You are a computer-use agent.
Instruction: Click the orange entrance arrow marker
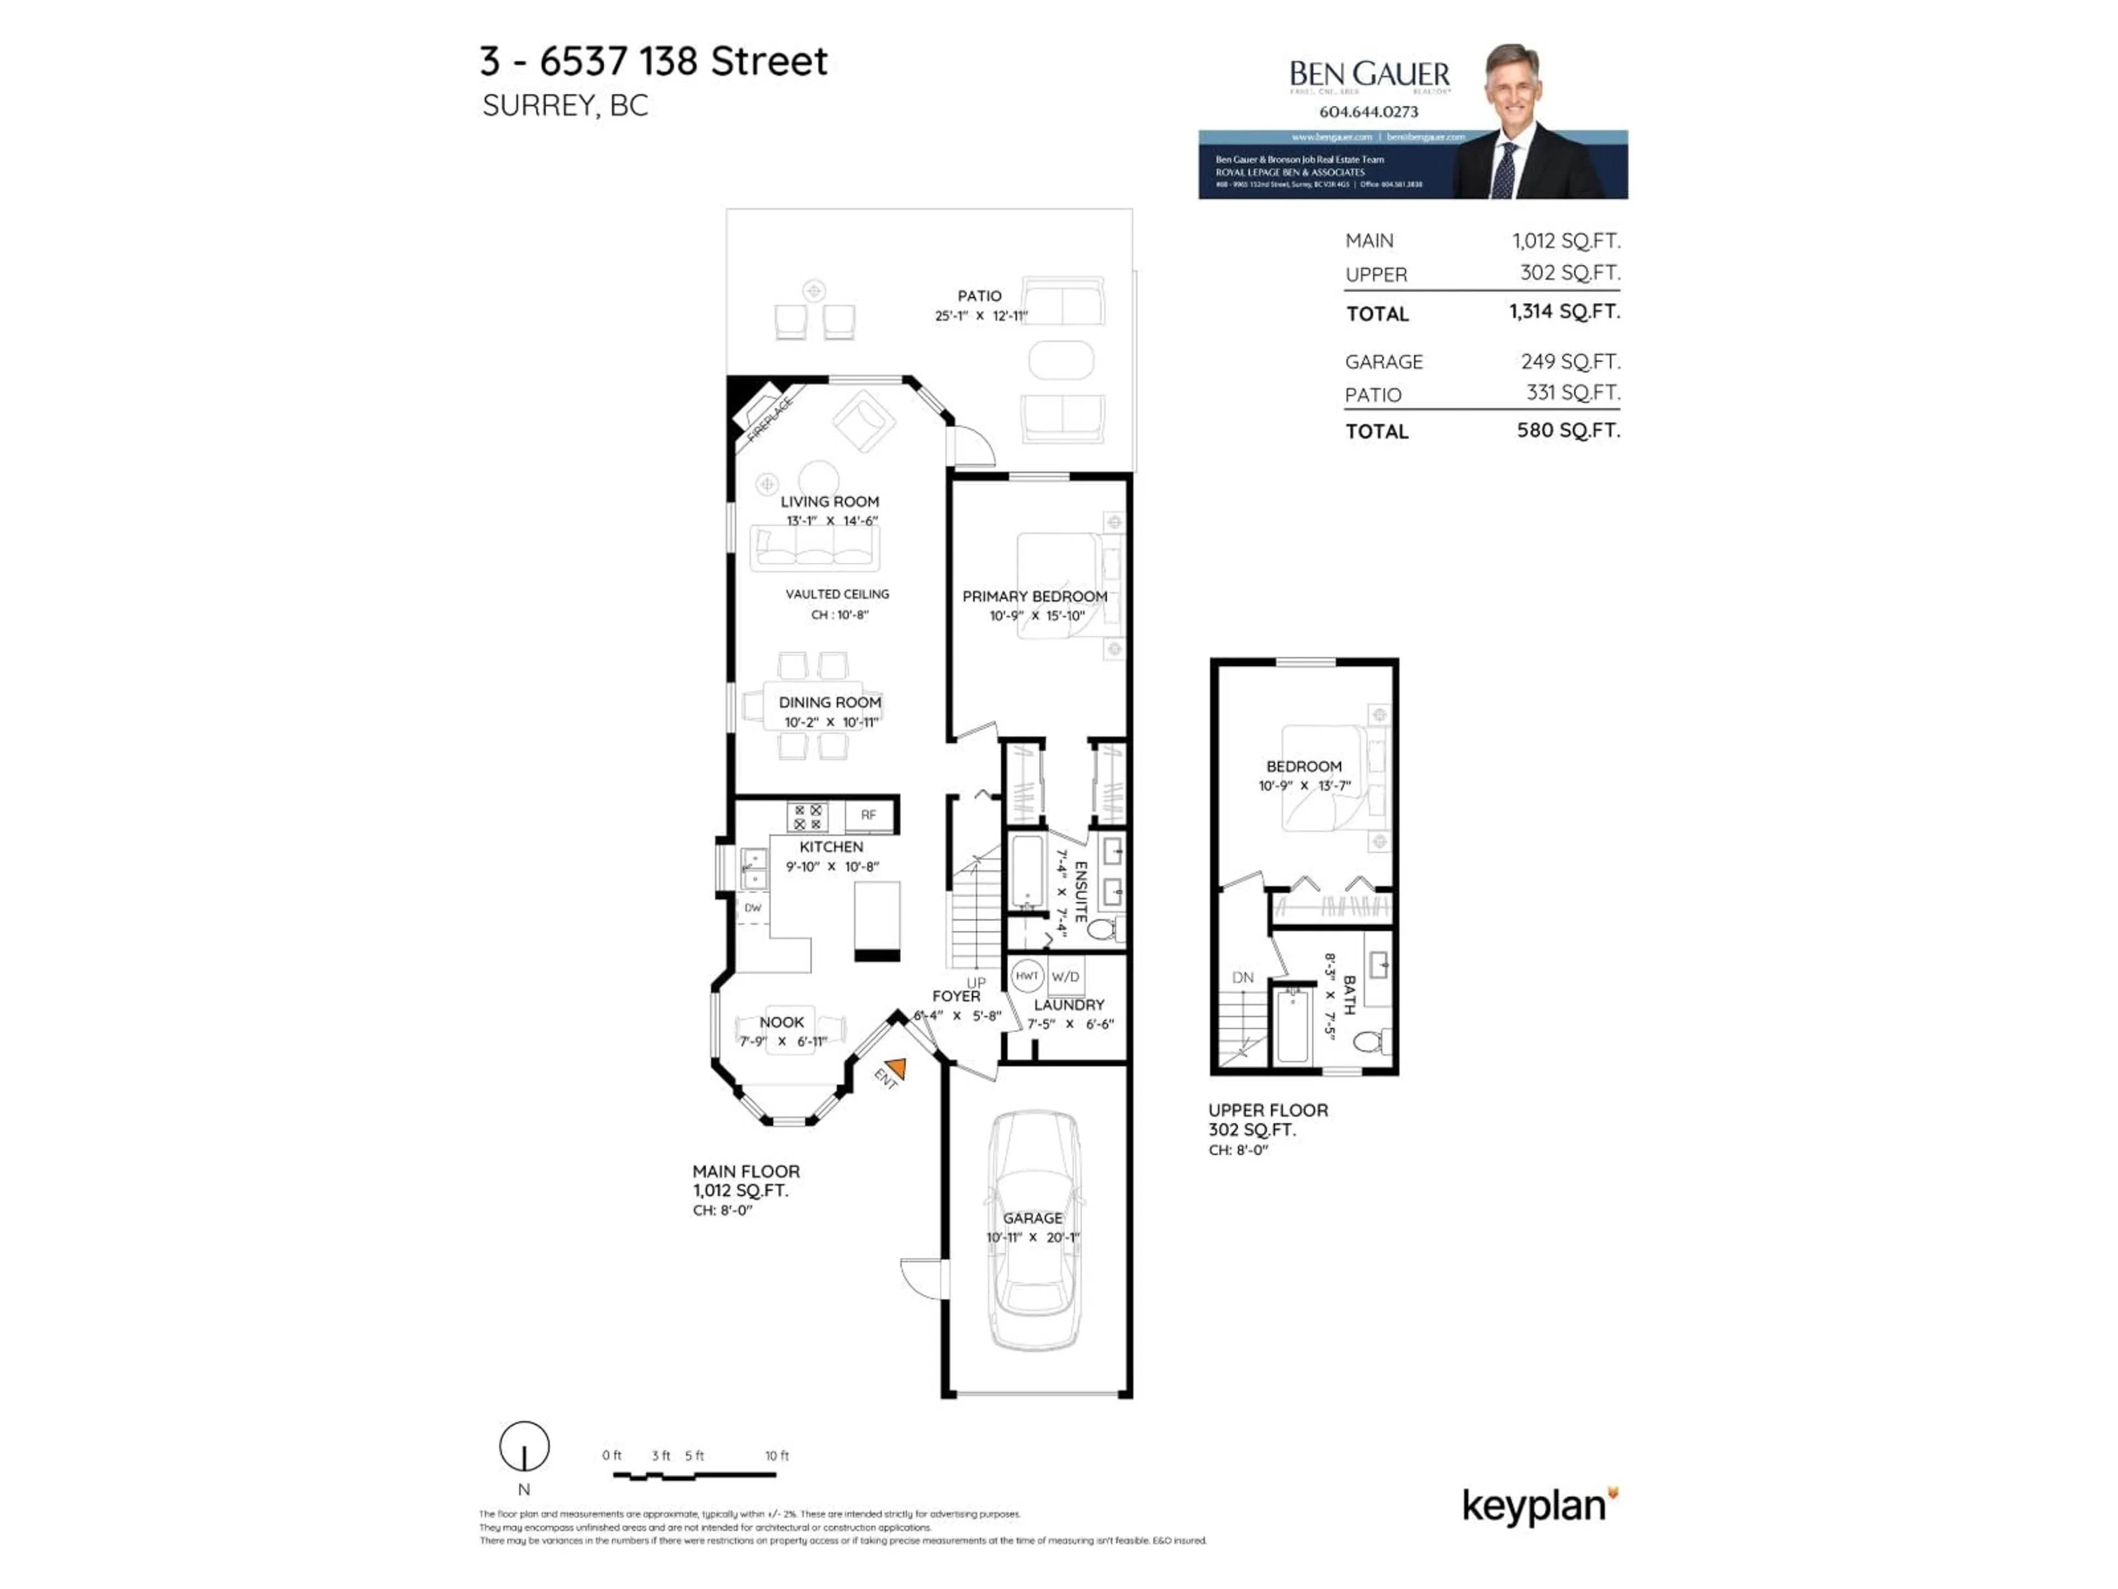pos(896,1067)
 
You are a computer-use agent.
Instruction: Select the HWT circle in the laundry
pos(1026,976)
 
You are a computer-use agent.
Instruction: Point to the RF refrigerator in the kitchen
pos(869,815)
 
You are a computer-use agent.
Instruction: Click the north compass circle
pos(524,1446)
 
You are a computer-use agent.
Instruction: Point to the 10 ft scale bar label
pos(777,1455)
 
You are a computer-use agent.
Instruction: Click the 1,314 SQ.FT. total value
pos(1564,311)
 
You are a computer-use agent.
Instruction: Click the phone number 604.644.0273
pos(1368,111)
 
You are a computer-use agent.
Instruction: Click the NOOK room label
pos(782,1022)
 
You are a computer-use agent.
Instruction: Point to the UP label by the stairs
pos(976,983)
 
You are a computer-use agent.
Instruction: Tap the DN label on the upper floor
pos(1242,978)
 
